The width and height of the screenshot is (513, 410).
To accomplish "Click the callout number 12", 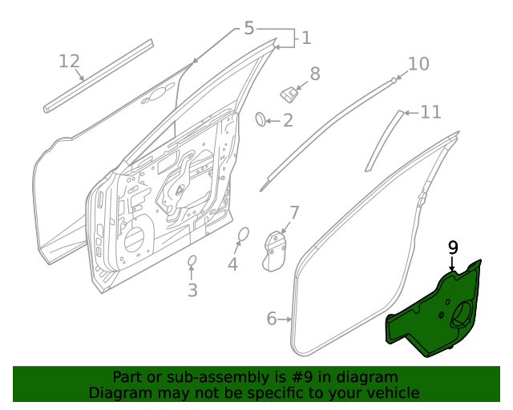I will (70, 61).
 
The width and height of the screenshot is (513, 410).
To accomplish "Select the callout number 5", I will (248, 29).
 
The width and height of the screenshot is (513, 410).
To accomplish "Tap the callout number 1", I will (305, 38).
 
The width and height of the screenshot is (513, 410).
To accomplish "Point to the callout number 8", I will (315, 74).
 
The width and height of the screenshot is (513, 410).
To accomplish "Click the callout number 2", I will (287, 121).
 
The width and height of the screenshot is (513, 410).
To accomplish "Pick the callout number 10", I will (418, 64).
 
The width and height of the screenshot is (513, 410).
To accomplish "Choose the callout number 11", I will (430, 112).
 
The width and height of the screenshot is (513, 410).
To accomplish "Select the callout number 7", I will (294, 212).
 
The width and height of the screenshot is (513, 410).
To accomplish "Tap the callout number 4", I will (232, 263).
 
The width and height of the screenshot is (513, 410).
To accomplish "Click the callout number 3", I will (192, 290).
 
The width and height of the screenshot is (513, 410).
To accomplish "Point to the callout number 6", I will (272, 320).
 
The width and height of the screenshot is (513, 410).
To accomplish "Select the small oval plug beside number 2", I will (261, 120).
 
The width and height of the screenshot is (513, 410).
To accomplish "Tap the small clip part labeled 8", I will (288, 93).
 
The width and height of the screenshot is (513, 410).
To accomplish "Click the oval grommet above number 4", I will (243, 235).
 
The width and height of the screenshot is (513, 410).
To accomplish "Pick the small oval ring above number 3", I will (192, 262).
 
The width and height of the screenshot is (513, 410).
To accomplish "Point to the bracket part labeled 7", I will (277, 250).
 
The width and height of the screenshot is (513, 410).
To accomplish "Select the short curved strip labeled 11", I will (384, 140).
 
